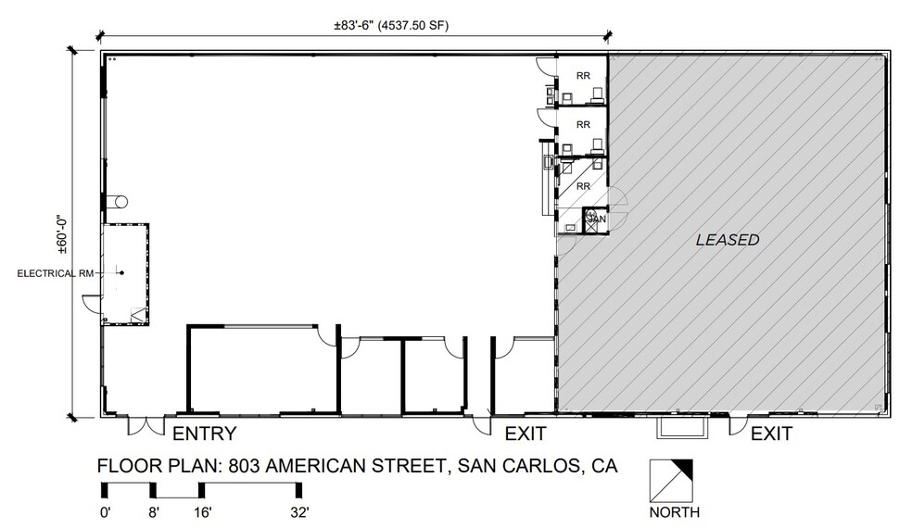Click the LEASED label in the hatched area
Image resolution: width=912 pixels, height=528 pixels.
728,240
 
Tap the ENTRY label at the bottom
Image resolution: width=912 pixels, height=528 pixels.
205,434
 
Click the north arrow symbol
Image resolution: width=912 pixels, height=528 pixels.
673,479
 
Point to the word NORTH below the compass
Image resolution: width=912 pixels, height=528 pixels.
674,512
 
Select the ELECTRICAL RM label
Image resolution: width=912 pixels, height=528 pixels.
53,272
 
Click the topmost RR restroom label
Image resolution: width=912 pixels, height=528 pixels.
584,76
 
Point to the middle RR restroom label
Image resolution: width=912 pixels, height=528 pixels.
584,124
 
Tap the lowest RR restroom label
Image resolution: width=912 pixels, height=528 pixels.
584,186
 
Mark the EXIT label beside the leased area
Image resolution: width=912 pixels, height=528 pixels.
771,434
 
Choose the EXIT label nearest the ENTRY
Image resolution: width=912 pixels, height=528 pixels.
526,434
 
